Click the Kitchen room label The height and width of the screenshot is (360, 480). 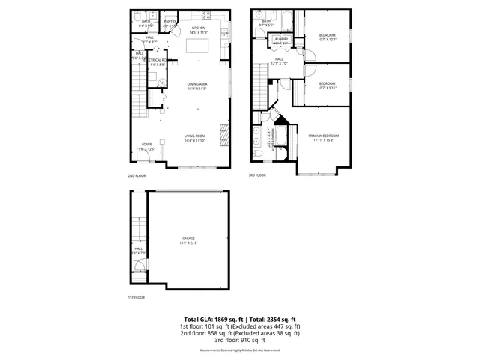coord(198,28)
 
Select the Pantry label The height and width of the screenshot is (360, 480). coord(170,22)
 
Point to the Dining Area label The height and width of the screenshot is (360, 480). coord(197,84)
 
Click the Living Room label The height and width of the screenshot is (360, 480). coord(196,135)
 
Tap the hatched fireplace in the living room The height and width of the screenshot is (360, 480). coord(223,135)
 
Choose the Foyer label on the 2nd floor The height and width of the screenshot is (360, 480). coord(146,144)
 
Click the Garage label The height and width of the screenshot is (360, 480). coord(187,238)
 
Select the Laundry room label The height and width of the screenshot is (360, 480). coord(281,38)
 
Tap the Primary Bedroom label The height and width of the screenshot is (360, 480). coord(324,136)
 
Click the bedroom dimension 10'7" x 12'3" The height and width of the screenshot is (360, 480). coord(328,40)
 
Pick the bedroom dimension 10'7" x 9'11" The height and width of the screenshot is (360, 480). coord(327,88)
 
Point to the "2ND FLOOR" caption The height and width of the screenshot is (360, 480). coord(137,175)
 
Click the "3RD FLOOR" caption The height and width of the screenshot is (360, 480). coord(258,175)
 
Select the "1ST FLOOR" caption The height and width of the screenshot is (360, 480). coord(136,297)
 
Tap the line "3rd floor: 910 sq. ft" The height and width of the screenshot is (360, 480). coord(240,341)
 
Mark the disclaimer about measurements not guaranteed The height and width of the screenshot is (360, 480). coord(240,350)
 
